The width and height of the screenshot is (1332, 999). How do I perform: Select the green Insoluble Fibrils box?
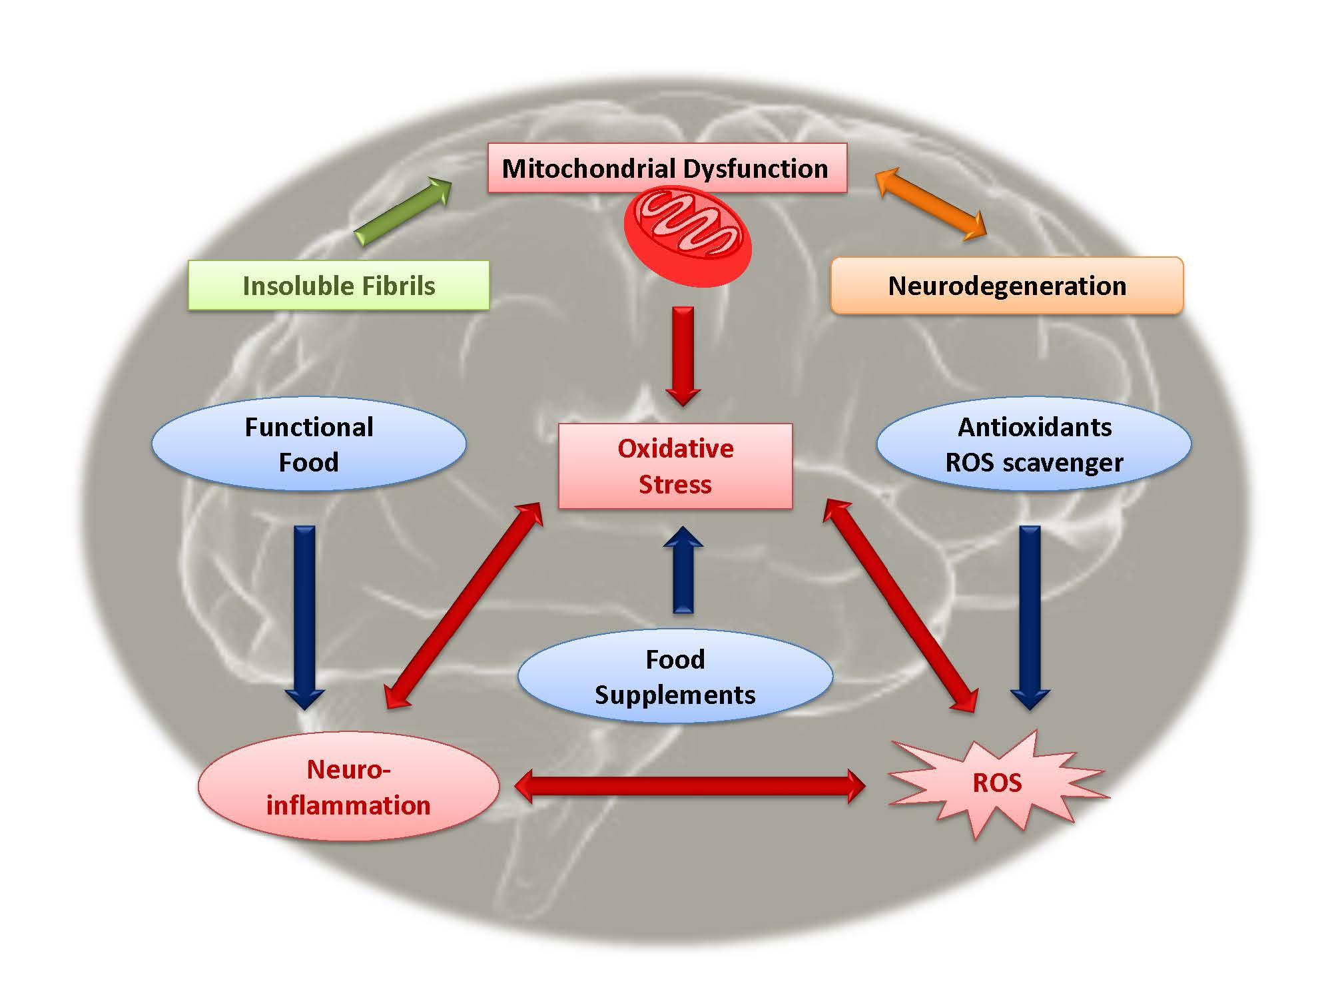[x=338, y=286]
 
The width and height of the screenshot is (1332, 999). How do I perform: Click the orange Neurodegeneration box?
[x=1007, y=286]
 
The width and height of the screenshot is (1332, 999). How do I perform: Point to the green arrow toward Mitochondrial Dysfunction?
[x=404, y=211]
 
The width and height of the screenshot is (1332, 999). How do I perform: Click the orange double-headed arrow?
[x=930, y=203]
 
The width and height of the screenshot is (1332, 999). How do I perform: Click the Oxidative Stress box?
[x=675, y=466]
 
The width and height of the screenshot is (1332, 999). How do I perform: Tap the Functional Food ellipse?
[x=308, y=444]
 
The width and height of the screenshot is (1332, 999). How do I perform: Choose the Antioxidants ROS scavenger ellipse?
[x=1034, y=444]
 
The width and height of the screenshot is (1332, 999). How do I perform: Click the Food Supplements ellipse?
[x=675, y=677]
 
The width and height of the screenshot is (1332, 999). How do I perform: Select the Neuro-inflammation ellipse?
[x=348, y=787]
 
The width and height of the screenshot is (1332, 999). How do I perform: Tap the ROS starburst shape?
[x=997, y=783]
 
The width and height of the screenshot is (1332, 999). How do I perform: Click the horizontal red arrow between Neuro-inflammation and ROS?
[x=689, y=787]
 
